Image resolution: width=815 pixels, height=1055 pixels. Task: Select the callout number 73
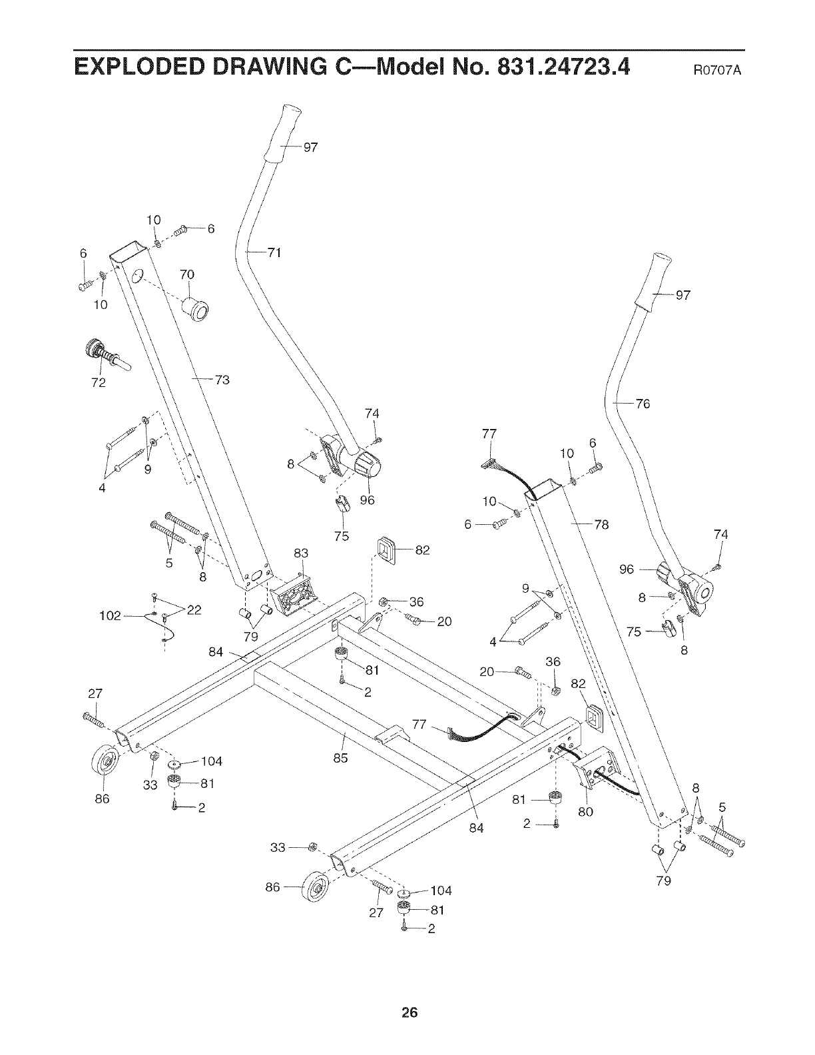(222, 380)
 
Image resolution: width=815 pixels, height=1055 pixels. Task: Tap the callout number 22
(194, 609)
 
